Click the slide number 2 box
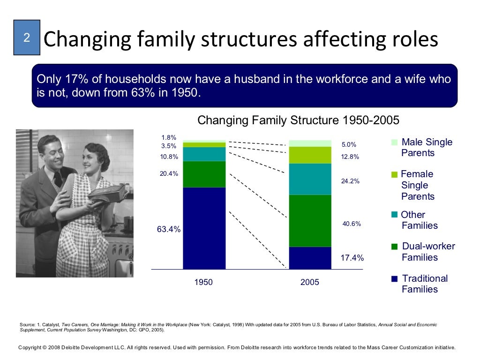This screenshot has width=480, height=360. click(27, 37)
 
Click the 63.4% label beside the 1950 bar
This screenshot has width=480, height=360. click(168, 229)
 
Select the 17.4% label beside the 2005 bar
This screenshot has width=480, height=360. click(352, 258)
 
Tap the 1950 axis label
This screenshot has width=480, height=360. click(203, 282)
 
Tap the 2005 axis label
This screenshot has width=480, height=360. click(310, 282)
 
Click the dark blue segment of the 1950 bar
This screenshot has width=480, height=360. click(204, 228)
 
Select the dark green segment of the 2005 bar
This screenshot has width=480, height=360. click(310, 220)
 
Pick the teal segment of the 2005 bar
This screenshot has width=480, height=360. click(310, 179)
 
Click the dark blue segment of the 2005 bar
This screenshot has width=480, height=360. click(310, 258)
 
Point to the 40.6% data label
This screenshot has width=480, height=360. click(352, 224)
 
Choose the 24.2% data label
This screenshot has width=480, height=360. click(350, 181)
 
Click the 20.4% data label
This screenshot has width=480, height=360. click(169, 173)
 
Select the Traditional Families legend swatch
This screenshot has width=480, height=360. click(394, 279)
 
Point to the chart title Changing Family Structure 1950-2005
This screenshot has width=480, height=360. click(298, 120)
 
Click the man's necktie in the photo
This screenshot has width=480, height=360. click(58, 179)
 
